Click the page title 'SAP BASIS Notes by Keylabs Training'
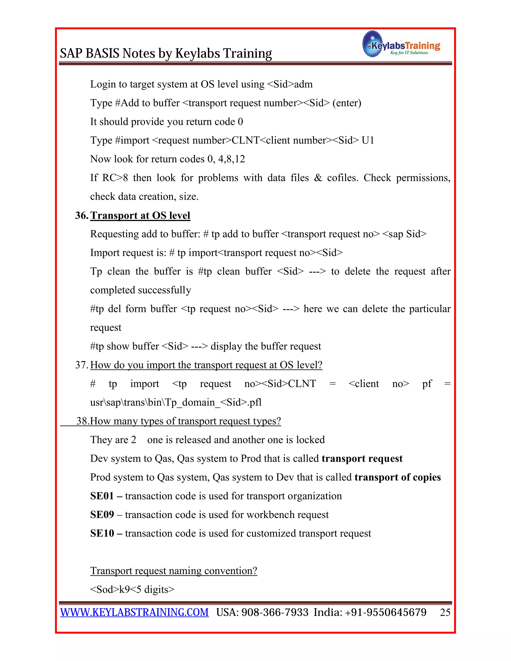[x=166, y=53]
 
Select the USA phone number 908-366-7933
[x=275, y=612]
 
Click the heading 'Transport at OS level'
[x=140, y=215]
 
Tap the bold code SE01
[x=102, y=496]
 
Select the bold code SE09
[x=102, y=515]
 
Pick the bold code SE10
[x=102, y=533]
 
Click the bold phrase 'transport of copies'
[x=397, y=477]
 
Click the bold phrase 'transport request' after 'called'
[x=362, y=458]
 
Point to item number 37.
[x=81, y=365]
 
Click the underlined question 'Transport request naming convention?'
[x=174, y=571]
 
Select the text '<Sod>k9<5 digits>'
[x=132, y=590]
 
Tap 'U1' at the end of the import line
[x=368, y=140]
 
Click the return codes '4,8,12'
[x=232, y=159]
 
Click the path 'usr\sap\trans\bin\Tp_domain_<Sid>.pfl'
[x=176, y=403]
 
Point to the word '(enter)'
[x=347, y=103]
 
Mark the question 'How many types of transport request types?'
[x=186, y=421]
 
